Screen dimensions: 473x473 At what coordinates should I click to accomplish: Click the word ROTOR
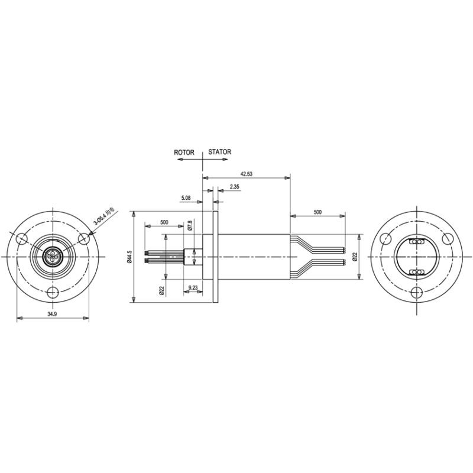184,153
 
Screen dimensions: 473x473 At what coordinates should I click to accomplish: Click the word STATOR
219,152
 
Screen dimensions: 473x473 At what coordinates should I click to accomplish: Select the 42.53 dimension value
246,174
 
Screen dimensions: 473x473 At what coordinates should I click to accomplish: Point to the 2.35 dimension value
234,187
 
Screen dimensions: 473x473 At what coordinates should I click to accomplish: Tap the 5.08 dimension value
186,198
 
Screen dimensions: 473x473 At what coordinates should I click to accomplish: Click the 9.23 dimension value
193,288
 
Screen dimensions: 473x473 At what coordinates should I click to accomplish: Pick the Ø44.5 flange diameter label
129,257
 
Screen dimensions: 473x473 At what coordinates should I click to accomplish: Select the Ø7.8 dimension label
190,225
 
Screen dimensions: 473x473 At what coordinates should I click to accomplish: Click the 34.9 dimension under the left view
52,314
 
